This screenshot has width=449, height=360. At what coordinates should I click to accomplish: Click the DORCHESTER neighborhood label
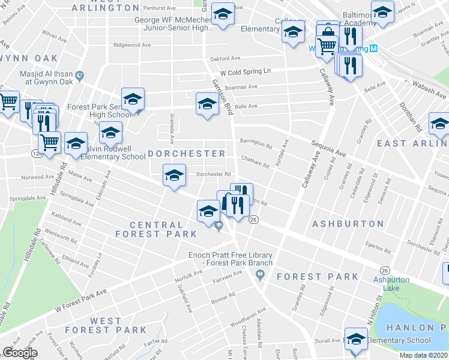pyautogui.click(x=186, y=154)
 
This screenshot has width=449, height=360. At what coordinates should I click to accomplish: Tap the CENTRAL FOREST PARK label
pyautogui.click(x=164, y=229)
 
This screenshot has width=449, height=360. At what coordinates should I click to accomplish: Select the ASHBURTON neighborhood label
pyautogui.click(x=348, y=224)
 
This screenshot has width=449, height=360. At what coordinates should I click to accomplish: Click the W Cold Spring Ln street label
pyautogui.click(x=245, y=71)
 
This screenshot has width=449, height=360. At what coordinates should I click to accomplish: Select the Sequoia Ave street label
pyautogui.click(x=328, y=148)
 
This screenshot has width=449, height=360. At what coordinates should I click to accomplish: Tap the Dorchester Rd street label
pyautogui.click(x=214, y=175)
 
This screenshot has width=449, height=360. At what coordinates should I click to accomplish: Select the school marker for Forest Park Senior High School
pyautogui.click(x=133, y=98)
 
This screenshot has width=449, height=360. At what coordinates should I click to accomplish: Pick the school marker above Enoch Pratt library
pyautogui.click(x=208, y=211)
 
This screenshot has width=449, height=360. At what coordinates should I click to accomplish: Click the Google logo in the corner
pyautogui.click(x=20, y=353)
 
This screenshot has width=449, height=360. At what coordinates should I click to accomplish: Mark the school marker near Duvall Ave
pyautogui.click(x=355, y=338)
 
